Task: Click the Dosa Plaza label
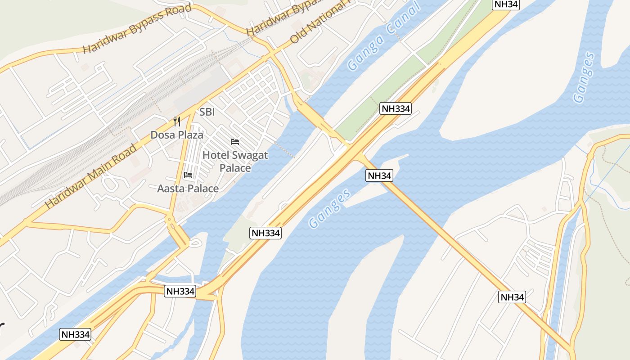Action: point(176,135)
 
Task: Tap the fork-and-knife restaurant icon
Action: point(177,121)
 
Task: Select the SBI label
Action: point(207,112)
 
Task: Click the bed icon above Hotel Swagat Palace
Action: point(235,142)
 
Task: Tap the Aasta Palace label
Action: point(188,189)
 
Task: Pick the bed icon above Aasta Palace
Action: point(188,175)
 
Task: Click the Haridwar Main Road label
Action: point(90,176)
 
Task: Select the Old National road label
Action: point(319,22)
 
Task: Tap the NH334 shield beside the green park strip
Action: point(396,108)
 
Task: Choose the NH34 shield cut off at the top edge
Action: point(506,4)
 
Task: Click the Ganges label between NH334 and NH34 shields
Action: point(329,208)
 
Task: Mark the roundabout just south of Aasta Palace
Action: point(170,220)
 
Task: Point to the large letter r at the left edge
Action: point(2,328)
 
